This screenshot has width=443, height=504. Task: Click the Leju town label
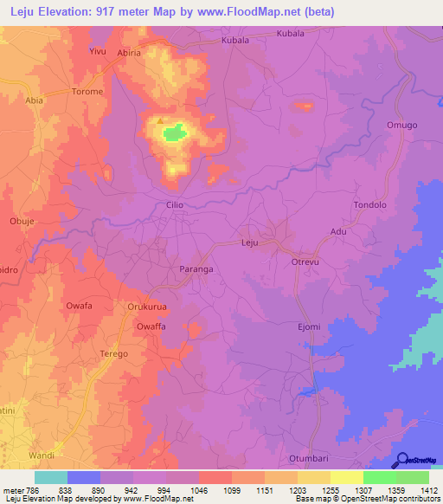point(250,243)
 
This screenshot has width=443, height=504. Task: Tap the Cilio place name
point(176,205)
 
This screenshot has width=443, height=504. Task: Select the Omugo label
point(401,126)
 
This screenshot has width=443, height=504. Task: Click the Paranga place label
point(196,269)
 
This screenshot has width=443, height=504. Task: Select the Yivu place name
point(98,52)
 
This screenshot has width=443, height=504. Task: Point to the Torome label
point(87,92)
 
